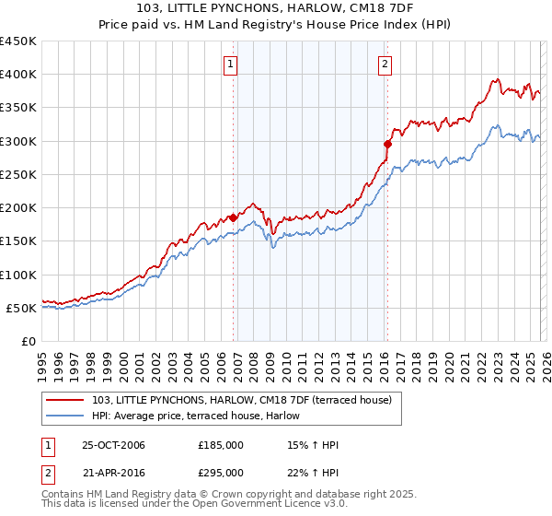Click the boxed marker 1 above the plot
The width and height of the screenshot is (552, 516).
[229, 64]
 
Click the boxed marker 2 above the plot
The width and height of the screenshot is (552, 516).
[384, 64]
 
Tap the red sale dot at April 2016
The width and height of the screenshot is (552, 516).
[387, 144]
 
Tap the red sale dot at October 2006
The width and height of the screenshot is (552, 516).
[233, 217]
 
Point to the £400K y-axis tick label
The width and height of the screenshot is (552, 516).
[18, 75]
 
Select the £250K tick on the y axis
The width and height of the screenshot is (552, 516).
[18, 174]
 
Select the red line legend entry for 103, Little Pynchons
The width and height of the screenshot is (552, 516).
[242, 400]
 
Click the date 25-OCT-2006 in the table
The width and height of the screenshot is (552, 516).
[113, 445]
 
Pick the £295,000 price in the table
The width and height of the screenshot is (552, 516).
[221, 472]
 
